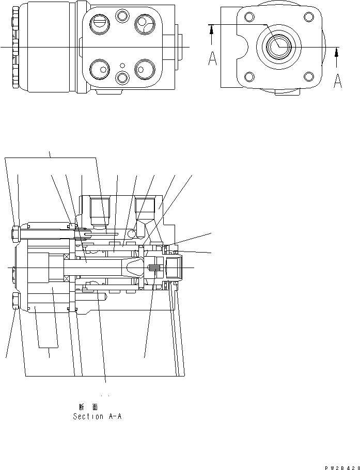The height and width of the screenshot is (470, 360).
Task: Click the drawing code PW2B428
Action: click(x=342, y=467)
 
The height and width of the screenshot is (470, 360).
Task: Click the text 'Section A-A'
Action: click(x=98, y=416)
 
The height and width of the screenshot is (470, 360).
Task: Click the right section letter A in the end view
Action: click(x=337, y=81)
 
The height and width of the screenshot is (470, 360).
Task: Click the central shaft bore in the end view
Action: click(x=279, y=46)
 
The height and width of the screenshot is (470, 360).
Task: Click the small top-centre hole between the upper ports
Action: click(x=122, y=18)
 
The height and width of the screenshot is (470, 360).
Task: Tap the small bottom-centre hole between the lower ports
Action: click(x=122, y=77)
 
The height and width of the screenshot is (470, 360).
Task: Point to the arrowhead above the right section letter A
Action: click(x=337, y=52)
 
